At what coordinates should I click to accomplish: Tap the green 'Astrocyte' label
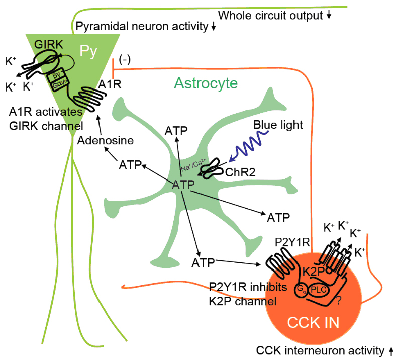[x=207, y=82]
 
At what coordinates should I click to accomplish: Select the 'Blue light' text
[x=278, y=125]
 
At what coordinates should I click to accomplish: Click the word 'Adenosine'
[x=106, y=141]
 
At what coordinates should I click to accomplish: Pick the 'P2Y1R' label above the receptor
[x=291, y=243]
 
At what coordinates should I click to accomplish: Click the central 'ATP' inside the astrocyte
[x=183, y=185]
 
